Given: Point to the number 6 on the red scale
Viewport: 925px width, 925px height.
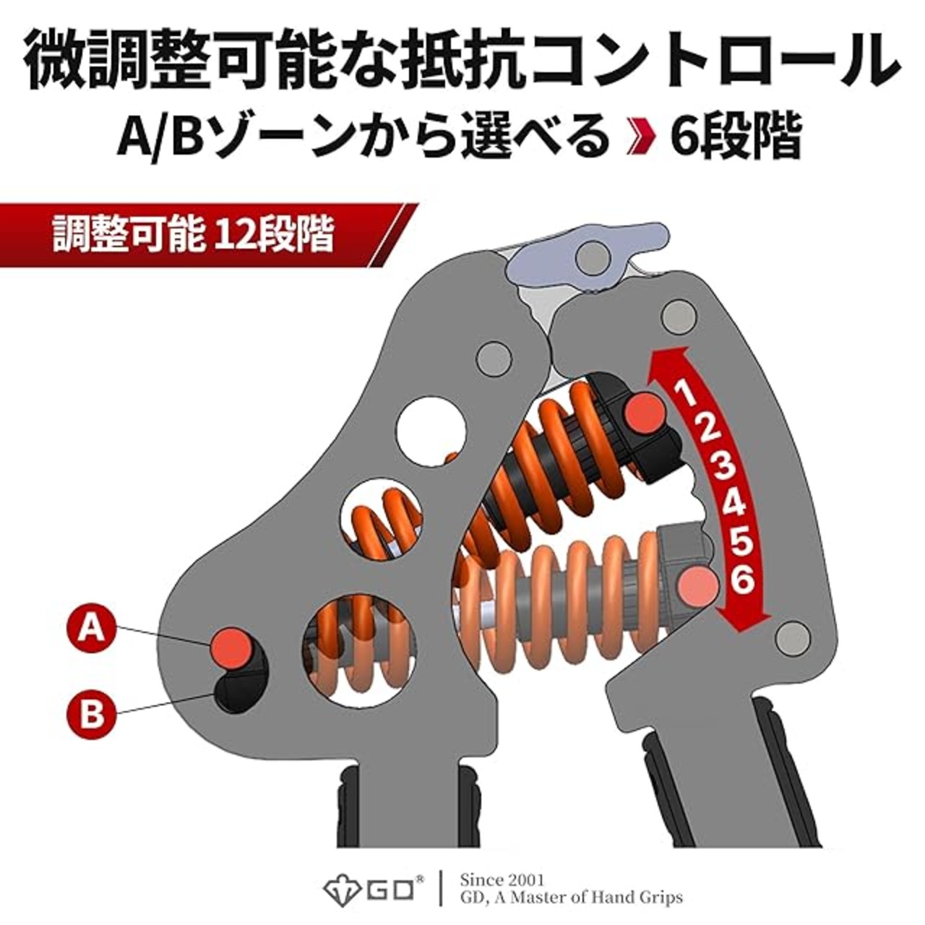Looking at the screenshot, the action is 743,580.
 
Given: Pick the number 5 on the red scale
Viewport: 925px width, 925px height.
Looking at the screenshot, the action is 741,542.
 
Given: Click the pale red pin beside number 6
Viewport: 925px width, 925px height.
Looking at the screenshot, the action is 699,585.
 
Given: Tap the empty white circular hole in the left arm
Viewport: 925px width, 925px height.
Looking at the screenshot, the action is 432,429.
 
